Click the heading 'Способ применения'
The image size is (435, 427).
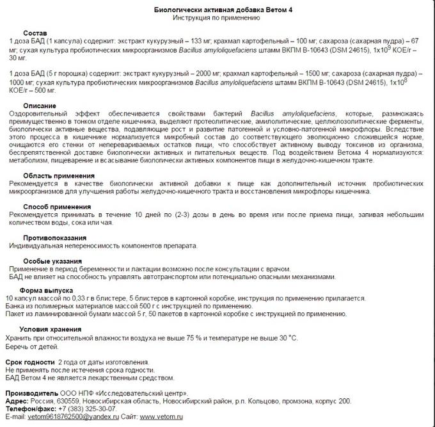[57, 207]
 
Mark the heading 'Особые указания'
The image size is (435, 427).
[52, 261]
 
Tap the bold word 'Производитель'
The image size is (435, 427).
[31, 392]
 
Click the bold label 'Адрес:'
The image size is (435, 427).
[16, 400]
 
